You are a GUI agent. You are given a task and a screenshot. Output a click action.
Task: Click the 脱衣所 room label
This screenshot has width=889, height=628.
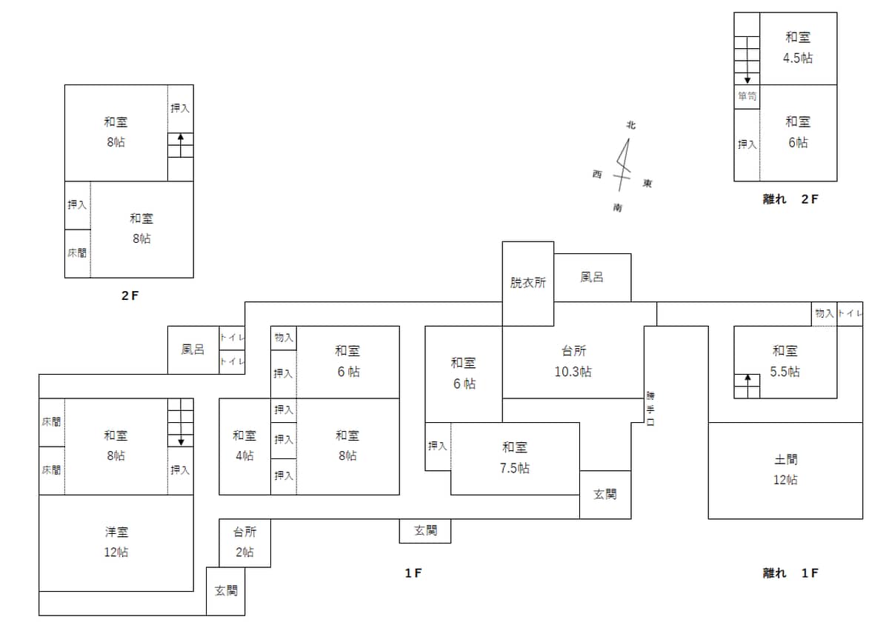point(527,282)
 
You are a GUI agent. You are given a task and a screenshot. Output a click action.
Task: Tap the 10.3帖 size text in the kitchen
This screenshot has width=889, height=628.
point(573,372)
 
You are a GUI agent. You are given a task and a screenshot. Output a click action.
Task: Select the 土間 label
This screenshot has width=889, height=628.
point(786,459)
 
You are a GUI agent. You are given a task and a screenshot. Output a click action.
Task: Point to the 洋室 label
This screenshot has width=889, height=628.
point(117,532)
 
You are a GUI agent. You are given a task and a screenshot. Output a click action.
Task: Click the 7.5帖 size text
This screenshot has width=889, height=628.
point(514,468)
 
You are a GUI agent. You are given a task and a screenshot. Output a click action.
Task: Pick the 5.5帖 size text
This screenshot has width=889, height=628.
point(785,372)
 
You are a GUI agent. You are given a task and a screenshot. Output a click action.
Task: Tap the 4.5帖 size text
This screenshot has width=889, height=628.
point(798,59)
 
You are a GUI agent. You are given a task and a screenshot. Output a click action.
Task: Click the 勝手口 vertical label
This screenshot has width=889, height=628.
point(650,409)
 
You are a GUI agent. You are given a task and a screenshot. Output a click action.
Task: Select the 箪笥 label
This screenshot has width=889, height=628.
point(747,96)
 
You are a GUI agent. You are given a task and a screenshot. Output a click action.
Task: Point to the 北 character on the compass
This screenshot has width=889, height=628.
point(631,125)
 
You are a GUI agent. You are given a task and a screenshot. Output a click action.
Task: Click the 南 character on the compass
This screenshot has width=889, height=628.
point(618,207)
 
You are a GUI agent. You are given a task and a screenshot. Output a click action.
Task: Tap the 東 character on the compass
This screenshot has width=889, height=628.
point(647,183)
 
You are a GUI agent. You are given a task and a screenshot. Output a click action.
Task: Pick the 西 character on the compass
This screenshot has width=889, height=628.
point(597,174)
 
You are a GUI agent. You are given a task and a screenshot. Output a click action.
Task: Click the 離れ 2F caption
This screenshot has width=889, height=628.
point(790,199)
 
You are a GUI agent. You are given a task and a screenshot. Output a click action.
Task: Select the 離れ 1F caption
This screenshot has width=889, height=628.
point(790,573)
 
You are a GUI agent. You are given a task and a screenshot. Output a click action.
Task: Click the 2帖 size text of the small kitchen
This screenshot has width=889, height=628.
point(244,552)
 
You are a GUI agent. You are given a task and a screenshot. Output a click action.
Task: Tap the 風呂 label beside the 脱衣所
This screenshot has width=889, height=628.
point(592,277)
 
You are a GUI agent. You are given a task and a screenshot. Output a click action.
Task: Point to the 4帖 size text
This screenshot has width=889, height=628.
point(244,455)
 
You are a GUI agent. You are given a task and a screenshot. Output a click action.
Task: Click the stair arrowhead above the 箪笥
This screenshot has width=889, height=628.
point(748,80)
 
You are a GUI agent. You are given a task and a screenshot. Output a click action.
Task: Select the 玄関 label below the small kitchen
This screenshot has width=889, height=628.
point(226,591)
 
